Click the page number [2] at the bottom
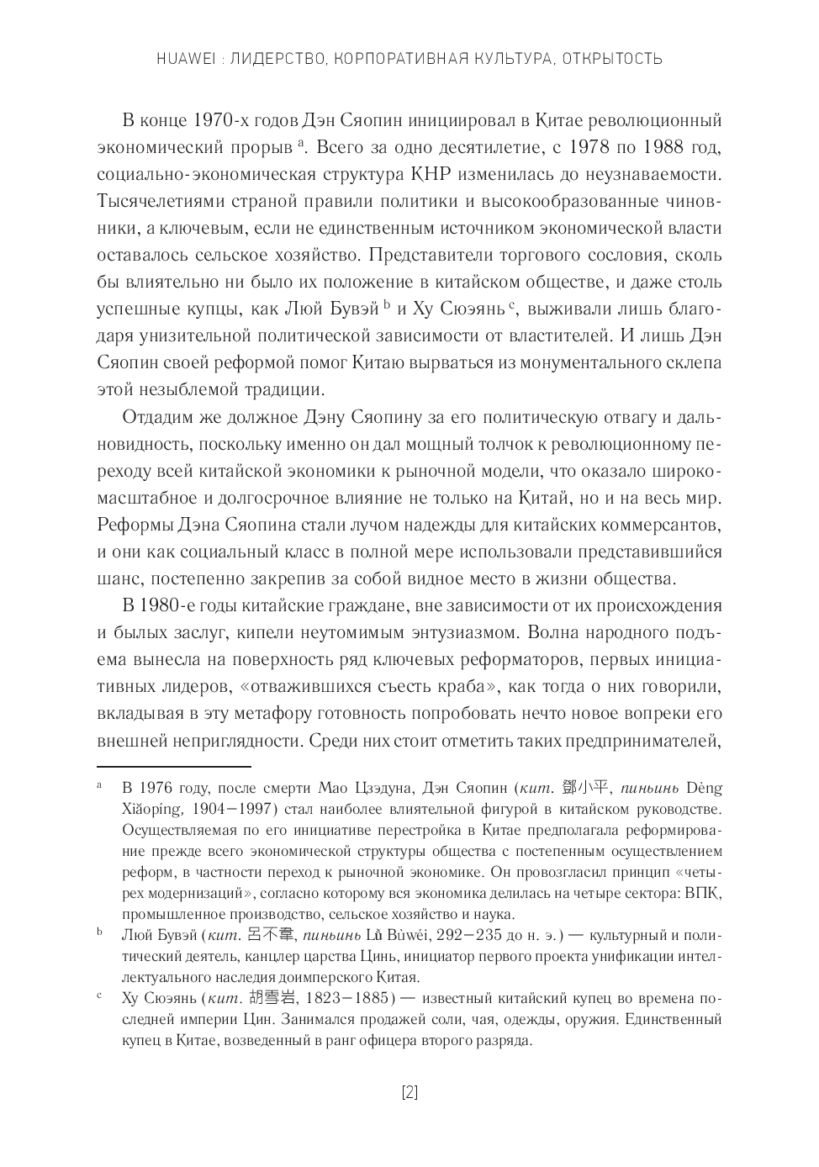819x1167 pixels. click(x=409, y=1092)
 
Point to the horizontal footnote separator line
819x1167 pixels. click(x=174, y=767)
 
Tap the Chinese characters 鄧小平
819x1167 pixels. click(x=585, y=788)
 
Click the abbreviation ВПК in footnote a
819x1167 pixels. click(x=708, y=894)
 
